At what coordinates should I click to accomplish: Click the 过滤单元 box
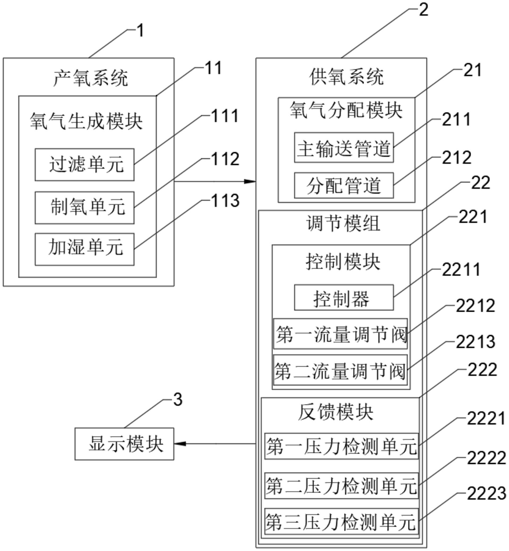point(85,165)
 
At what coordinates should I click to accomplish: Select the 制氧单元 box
point(85,208)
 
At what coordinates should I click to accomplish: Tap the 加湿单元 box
point(85,249)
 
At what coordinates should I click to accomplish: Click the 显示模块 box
point(124,444)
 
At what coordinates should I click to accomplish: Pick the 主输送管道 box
point(344,148)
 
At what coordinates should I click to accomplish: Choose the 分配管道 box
point(344,185)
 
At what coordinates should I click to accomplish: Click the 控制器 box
point(344,298)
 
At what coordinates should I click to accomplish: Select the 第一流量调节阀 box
point(340,334)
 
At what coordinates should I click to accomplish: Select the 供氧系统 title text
point(346,77)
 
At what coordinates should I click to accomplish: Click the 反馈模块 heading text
point(336,413)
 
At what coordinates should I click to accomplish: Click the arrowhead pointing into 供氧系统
point(251,181)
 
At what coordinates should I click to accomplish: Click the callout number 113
point(225,200)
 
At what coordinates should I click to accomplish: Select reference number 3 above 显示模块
point(178,399)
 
